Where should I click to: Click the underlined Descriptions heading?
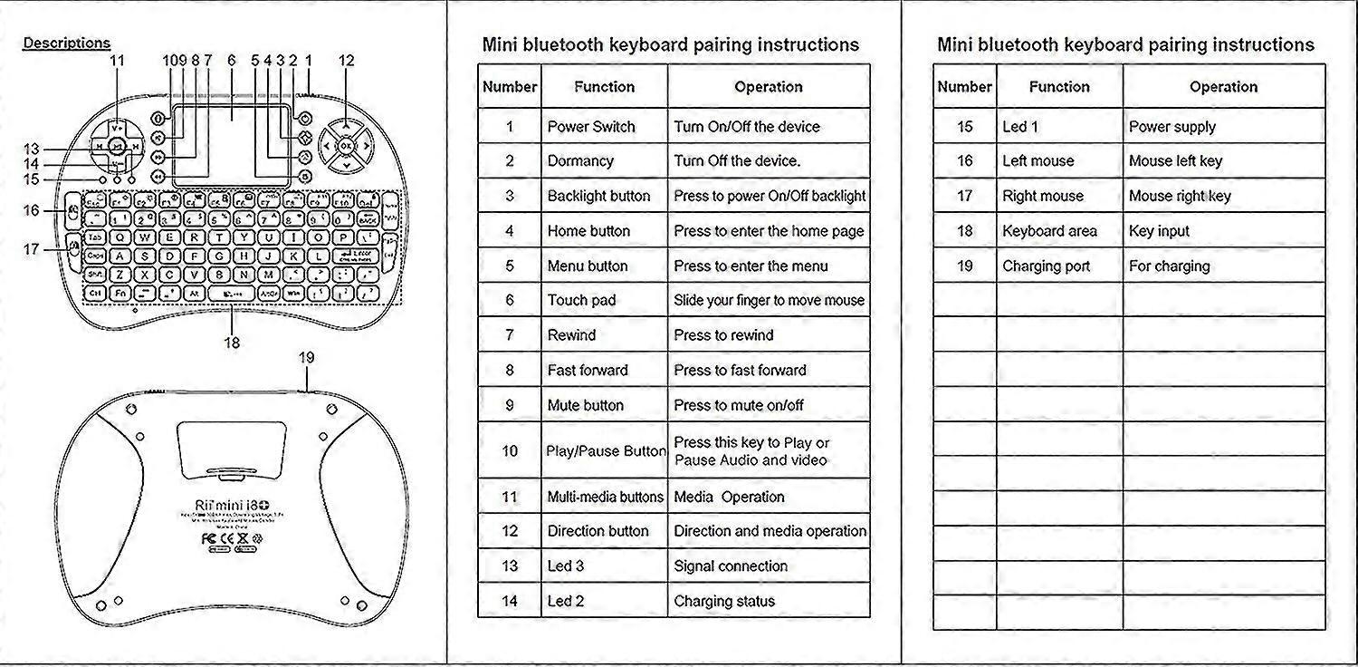[66, 43]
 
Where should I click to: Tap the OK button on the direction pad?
[346, 144]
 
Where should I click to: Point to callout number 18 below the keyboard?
[232, 343]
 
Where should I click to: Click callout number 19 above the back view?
[306, 358]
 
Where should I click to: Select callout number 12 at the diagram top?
[347, 61]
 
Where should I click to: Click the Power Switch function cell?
[591, 127]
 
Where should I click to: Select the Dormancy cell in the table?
[580, 161]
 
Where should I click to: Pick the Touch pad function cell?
[581, 300]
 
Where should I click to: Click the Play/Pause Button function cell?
[606, 450]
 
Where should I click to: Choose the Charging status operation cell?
[724, 601]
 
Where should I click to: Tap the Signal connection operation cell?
[731, 566]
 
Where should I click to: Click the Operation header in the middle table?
[769, 87]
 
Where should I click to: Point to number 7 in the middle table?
[510, 335]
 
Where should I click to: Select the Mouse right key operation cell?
[1180, 196]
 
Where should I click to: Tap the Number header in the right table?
[964, 87]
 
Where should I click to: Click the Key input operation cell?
[1159, 231]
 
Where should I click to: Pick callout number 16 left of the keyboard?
[32, 210]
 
